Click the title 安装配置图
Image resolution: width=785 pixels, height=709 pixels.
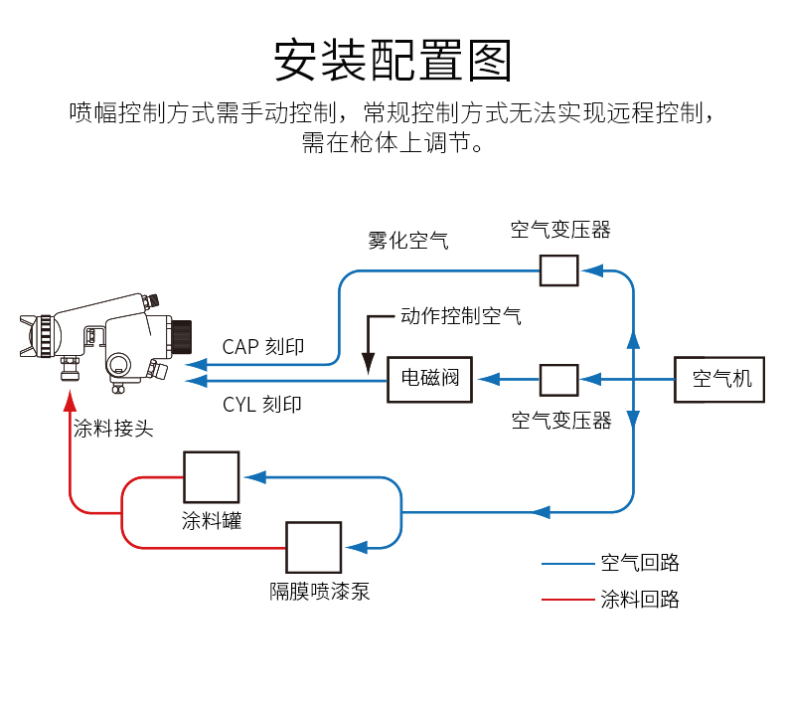[x=392, y=60]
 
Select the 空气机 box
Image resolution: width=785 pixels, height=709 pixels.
[x=719, y=378]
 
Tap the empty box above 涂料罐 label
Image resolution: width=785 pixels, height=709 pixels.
[x=211, y=477]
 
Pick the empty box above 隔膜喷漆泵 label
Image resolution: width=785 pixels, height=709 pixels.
[x=314, y=547]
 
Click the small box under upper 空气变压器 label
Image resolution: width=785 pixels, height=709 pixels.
[x=559, y=270]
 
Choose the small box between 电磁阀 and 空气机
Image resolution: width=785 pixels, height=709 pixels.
[x=559, y=379]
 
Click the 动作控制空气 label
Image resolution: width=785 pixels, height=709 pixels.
[x=461, y=317]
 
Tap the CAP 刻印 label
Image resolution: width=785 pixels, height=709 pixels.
[x=263, y=347]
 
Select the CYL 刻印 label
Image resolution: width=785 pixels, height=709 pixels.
[x=262, y=405]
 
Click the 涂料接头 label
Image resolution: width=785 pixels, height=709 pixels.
[x=113, y=430]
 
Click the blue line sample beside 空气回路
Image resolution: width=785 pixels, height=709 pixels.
[x=566, y=564]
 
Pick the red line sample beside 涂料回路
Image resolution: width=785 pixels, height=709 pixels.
[x=566, y=600]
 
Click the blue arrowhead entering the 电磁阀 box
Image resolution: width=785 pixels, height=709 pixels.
[x=485, y=379]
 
